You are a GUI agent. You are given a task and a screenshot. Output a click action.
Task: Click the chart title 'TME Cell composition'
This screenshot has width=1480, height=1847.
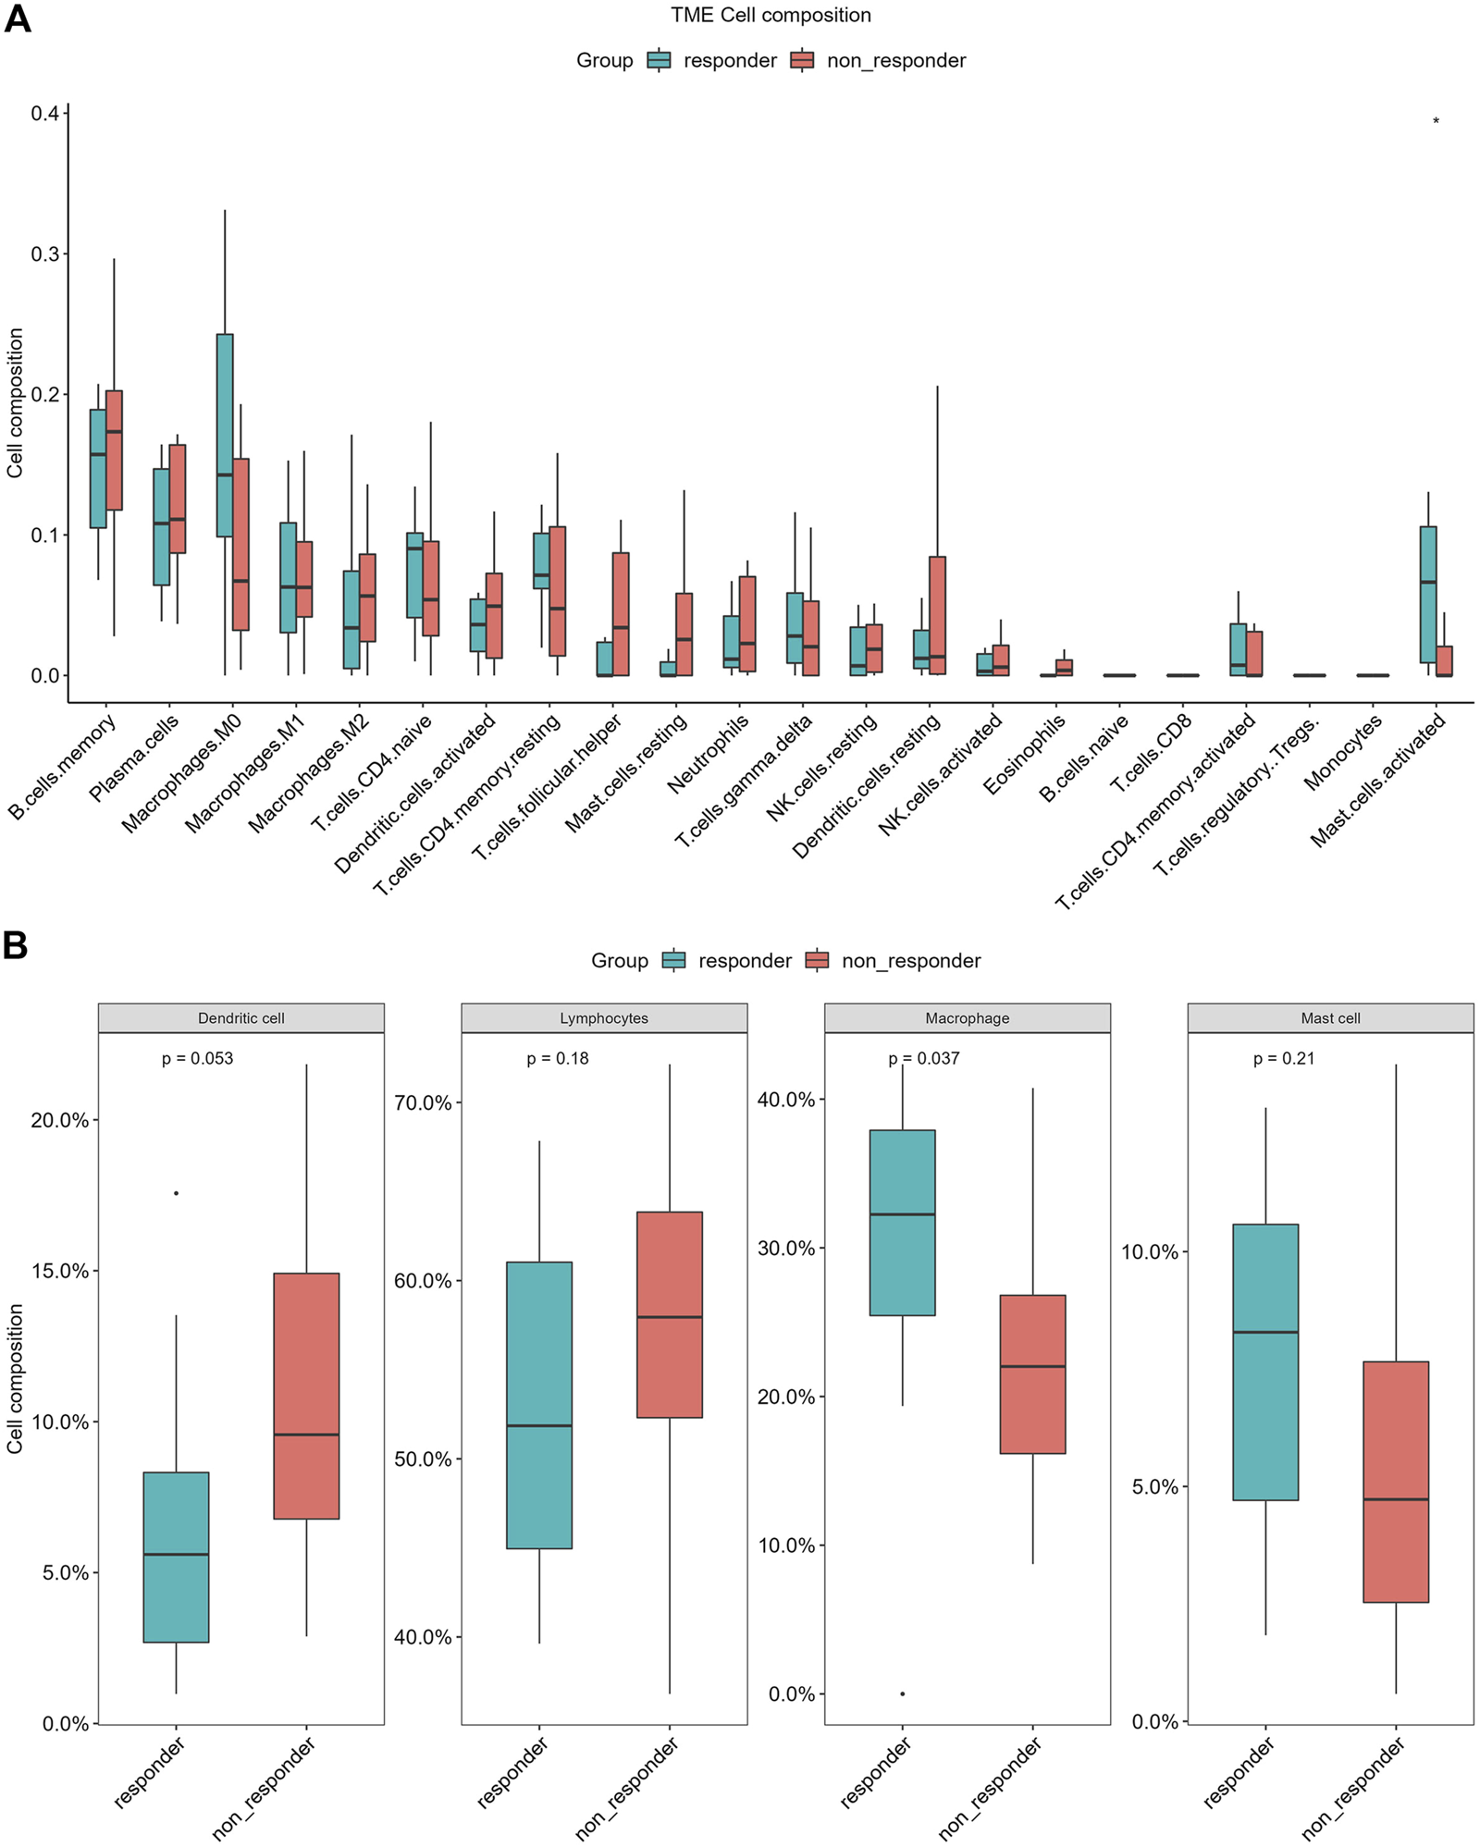pyautogui.click(x=771, y=16)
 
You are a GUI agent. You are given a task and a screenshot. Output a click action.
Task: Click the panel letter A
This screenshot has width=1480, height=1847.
pyautogui.click(x=17, y=18)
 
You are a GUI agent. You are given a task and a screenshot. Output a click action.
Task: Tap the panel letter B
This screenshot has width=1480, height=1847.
pyautogui.click(x=16, y=945)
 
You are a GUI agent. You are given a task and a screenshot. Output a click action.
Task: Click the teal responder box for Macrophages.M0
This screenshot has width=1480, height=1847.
pyautogui.click(x=225, y=435)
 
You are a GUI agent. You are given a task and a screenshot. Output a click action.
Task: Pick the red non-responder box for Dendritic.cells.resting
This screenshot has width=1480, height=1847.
pyautogui.click(x=937, y=615)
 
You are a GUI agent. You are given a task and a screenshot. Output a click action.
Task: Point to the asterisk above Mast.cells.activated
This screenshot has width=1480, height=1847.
pyautogui.click(x=1436, y=122)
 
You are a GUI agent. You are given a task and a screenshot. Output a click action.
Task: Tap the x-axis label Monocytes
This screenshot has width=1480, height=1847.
pyautogui.click(x=1342, y=753)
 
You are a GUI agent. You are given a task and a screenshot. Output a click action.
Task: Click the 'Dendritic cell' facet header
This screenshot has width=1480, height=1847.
pyautogui.click(x=240, y=1018)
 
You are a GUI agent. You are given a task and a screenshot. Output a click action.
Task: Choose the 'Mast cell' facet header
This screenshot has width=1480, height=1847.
pyautogui.click(x=1330, y=1018)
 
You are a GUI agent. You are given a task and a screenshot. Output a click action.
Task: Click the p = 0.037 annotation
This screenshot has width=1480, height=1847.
pyautogui.click(x=924, y=1059)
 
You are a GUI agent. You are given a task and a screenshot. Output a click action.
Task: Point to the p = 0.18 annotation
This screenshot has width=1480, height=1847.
pyautogui.click(x=558, y=1059)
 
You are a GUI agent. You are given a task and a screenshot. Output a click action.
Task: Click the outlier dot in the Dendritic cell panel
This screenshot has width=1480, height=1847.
pyautogui.click(x=176, y=1193)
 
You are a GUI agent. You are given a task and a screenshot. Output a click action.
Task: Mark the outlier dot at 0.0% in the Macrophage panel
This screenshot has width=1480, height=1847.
pyautogui.click(x=903, y=1693)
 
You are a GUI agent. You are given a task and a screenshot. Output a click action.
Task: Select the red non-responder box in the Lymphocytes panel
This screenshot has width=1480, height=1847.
pyautogui.click(x=670, y=1314)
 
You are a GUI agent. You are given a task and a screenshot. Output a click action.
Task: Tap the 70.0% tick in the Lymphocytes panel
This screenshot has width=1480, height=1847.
pyautogui.click(x=423, y=1103)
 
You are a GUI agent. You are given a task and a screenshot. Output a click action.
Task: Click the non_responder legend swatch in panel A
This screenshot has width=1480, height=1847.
pyautogui.click(x=802, y=61)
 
